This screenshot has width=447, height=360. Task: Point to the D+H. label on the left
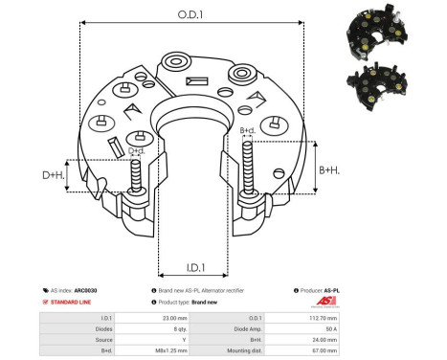tap(53, 175)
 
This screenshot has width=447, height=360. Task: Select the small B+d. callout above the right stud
tap(246, 130)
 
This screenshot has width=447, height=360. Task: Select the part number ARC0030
tap(85, 288)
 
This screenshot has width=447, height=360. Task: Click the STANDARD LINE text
tap(75, 301)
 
